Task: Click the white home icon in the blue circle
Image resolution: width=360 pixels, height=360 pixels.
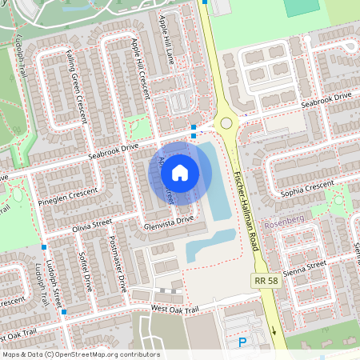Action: [180, 172]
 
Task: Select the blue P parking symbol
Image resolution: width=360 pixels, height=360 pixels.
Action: [242, 342]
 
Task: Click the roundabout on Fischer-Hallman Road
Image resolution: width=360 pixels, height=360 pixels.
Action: [226, 123]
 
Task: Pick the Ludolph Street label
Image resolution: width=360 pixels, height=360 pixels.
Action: [54, 283]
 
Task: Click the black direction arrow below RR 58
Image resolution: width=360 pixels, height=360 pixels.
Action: [273, 330]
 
